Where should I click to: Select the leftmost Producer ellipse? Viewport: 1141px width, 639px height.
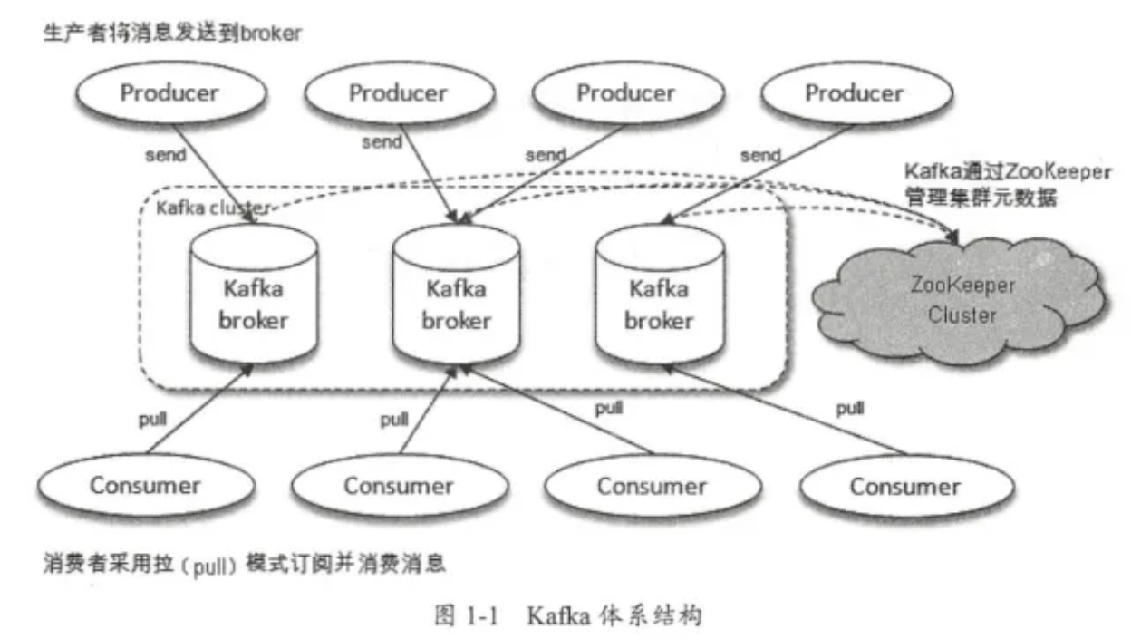169,93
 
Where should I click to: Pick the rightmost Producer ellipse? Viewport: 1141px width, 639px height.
854,93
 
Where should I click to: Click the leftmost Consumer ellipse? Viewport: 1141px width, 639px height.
145,485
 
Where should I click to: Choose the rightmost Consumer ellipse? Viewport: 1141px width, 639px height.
904,487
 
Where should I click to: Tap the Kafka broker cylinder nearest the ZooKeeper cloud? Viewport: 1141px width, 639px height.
659,305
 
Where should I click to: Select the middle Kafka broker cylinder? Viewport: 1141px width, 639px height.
456,305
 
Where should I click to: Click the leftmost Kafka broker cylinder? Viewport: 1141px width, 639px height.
253,305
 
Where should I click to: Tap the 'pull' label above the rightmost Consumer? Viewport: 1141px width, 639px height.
849,409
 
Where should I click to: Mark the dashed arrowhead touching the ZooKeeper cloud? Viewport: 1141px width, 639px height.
953,237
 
